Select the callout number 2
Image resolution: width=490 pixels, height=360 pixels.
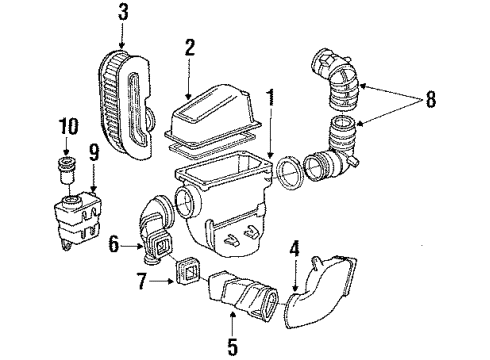187,47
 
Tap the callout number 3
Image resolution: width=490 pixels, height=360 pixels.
121,14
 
